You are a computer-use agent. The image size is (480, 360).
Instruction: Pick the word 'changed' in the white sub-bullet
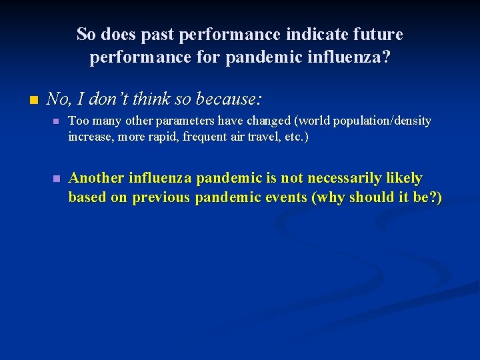[269, 121]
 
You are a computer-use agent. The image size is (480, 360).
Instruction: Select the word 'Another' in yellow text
[97, 178]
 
